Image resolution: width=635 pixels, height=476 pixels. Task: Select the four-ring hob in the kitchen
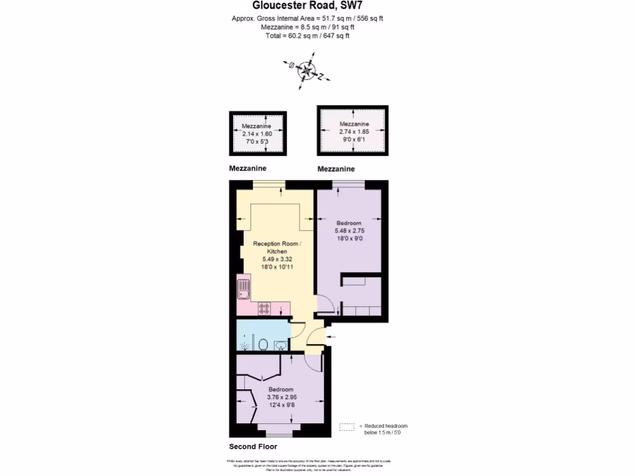(x=265, y=307)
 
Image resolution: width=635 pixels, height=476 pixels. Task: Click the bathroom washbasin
(x=282, y=345)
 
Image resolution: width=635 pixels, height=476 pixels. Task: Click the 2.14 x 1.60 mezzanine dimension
(x=257, y=133)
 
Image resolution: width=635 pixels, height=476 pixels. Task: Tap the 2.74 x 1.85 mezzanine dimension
(x=353, y=131)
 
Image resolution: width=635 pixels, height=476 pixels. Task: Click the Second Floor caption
(x=253, y=446)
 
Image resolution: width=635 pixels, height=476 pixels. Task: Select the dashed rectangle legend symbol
(x=347, y=426)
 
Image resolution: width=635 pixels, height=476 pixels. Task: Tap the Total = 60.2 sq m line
(x=308, y=36)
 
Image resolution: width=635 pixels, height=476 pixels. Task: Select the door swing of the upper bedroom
(x=325, y=304)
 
